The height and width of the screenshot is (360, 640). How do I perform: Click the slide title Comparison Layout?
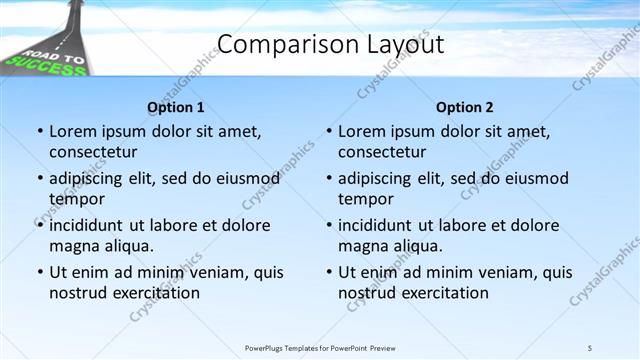[x=330, y=45]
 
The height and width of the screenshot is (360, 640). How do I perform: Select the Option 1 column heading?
[x=175, y=107]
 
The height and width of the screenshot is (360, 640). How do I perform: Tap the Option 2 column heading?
[x=464, y=107]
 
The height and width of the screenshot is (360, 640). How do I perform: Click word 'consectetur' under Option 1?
[x=93, y=152]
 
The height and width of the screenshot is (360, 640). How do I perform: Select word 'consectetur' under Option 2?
[x=382, y=152]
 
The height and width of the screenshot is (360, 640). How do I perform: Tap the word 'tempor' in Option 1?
[x=77, y=199]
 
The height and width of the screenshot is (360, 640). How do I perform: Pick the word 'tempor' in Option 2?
[x=366, y=199]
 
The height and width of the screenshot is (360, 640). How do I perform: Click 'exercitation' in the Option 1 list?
[x=155, y=293]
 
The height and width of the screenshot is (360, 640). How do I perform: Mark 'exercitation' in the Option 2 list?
[x=444, y=293]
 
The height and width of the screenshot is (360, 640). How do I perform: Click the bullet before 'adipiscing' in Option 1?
[x=40, y=179]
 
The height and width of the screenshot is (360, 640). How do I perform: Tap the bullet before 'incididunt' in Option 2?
[x=329, y=226]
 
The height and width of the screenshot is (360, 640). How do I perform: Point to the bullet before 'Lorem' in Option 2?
[x=329, y=132]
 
